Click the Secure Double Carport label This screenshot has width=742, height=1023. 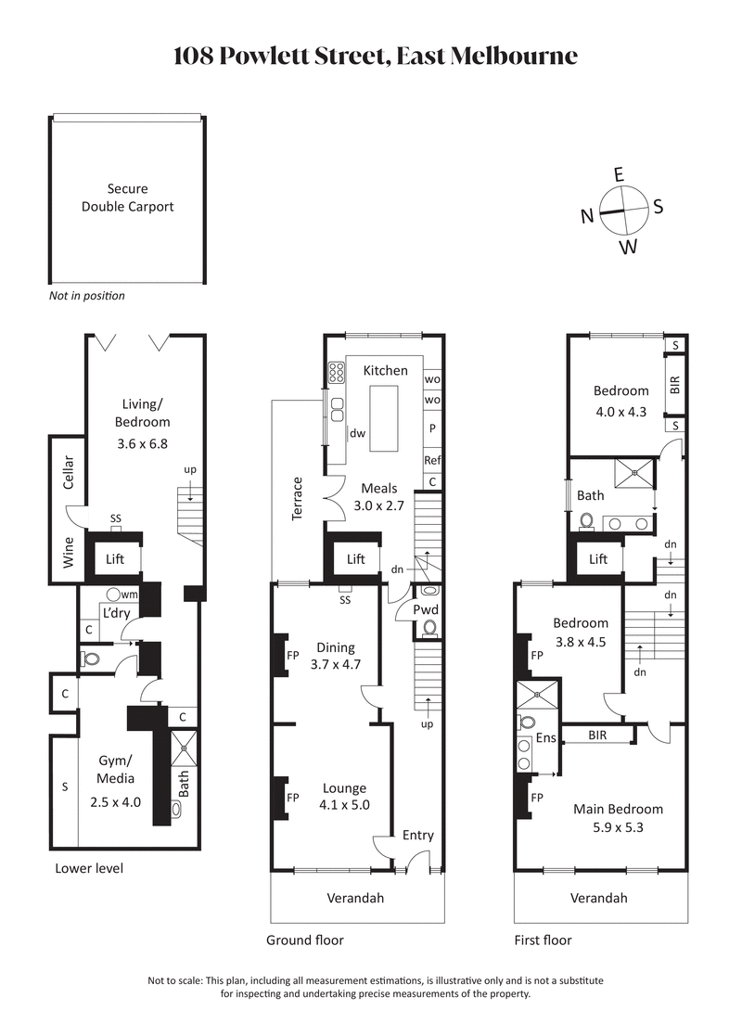pyautogui.click(x=127, y=198)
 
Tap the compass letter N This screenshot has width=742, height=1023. pyautogui.click(x=587, y=217)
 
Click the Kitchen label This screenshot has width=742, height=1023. pyautogui.click(x=385, y=370)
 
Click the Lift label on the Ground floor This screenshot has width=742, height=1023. pyautogui.click(x=356, y=559)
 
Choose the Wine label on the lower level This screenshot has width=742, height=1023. pyautogui.click(x=68, y=553)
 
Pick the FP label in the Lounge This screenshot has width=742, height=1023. pyautogui.click(x=292, y=797)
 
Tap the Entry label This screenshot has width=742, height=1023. pyautogui.click(x=417, y=835)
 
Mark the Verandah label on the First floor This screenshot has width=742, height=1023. pyautogui.click(x=598, y=898)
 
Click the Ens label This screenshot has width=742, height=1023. pyautogui.click(x=546, y=738)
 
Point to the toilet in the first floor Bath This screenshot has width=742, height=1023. pyautogui.click(x=585, y=522)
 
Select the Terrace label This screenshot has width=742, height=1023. pyautogui.click(x=298, y=498)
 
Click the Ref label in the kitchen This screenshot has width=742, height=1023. pyautogui.click(x=432, y=460)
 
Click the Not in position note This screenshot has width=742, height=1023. pyautogui.click(x=86, y=296)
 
